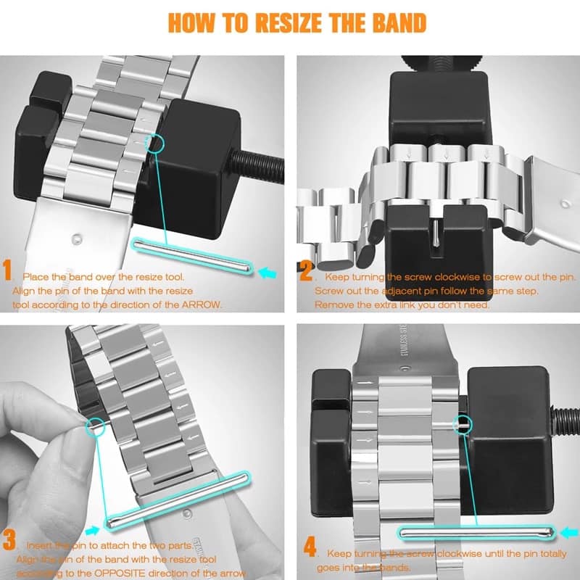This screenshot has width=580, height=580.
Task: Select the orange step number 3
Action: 9,540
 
